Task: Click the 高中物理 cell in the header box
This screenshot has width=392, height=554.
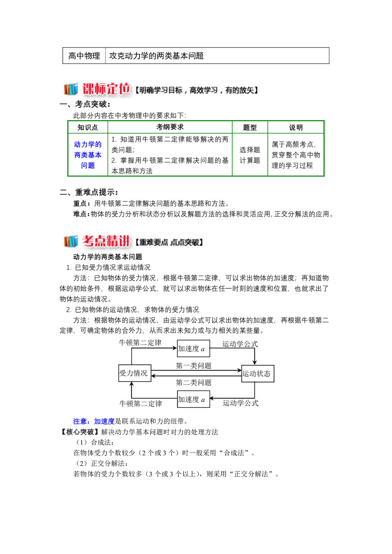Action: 84,56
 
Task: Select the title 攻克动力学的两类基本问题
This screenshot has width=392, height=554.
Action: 156,56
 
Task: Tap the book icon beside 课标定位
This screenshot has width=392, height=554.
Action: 71,89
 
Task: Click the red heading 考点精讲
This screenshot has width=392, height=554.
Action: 106,241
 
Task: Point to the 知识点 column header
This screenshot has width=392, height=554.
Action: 87,127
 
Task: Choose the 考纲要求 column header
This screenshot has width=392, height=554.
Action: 170,127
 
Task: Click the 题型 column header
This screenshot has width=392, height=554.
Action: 250,127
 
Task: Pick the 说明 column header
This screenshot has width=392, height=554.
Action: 296,127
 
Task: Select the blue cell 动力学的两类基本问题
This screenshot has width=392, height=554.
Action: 88,155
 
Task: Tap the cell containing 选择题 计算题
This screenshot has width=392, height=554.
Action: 250,155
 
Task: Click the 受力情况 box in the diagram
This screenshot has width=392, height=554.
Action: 134,373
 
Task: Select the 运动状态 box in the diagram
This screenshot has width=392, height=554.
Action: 257,373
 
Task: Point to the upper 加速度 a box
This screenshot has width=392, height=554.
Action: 193,348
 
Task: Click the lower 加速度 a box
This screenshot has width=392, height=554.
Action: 193,399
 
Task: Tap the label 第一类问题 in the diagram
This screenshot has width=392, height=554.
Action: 193,366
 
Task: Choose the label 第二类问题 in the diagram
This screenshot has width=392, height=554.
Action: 193,382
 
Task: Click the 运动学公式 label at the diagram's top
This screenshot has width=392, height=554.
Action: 240,344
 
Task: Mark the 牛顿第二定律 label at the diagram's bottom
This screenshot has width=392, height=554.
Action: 141,403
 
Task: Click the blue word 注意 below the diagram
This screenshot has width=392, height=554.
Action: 80,421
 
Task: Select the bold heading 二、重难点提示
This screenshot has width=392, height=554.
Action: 89,192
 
